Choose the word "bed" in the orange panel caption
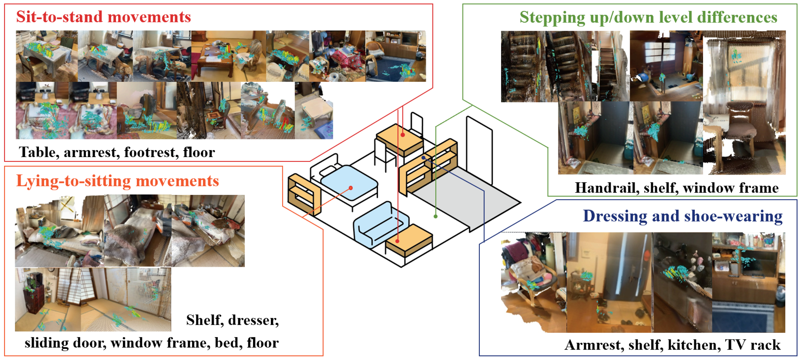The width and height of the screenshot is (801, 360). click(228, 343)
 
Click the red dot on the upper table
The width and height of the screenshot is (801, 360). click(403, 135)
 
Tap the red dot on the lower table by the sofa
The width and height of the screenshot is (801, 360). click(397, 241)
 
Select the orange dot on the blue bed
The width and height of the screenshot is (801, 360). click(351, 188)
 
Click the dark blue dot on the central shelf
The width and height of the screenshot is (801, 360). click(423, 158)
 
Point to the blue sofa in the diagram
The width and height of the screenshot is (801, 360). click(379, 224)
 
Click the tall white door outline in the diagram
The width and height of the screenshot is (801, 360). click(479, 149)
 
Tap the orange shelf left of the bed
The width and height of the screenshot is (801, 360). click(303, 194)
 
